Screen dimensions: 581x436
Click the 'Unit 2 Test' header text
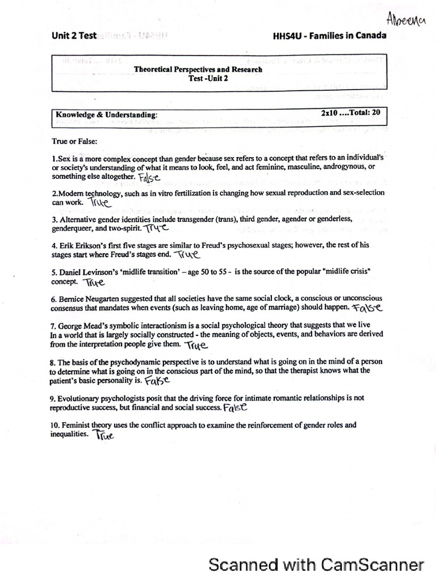[73, 35]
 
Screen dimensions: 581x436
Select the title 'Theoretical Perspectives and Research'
[198, 70]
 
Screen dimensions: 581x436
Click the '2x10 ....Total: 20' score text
[350, 113]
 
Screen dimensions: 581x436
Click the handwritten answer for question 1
[149, 178]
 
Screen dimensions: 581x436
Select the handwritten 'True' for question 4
[187, 255]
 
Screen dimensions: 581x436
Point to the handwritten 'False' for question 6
[367, 308]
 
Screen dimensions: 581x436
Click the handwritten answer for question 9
[236, 408]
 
